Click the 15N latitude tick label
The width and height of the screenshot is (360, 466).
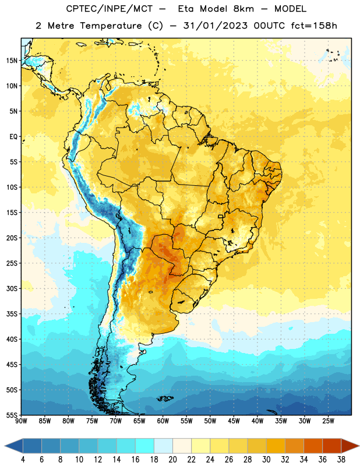(x=12, y=61)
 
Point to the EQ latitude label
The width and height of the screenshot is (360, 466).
(x=13, y=137)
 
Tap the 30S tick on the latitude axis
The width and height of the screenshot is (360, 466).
(x=12, y=288)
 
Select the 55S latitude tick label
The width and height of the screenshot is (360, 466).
(x=12, y=415)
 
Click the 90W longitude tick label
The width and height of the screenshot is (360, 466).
(x=21, y=421)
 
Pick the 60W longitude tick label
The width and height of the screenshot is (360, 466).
(x=163, y=421)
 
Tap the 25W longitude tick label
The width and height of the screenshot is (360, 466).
(x=328, y=421)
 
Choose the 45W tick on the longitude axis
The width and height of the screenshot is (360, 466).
(x=234, y=421)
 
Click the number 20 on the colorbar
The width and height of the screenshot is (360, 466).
(x=172, y=460)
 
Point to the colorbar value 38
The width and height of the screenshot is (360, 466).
(x=341, y=460)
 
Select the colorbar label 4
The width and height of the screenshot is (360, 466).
(x=23, y=460)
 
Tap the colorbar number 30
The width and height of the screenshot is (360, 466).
(x=266, y=460)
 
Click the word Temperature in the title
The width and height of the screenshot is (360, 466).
(x=111, y=26)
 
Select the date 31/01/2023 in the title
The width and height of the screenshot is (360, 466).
(x=215, y=26)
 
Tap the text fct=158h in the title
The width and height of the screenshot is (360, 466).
(x=314, y=26)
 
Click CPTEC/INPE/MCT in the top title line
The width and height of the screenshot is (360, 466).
(x=110, y=9)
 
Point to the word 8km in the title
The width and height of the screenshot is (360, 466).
(x=243, y=9)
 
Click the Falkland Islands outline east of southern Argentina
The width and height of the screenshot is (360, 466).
(x=165, y=398)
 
